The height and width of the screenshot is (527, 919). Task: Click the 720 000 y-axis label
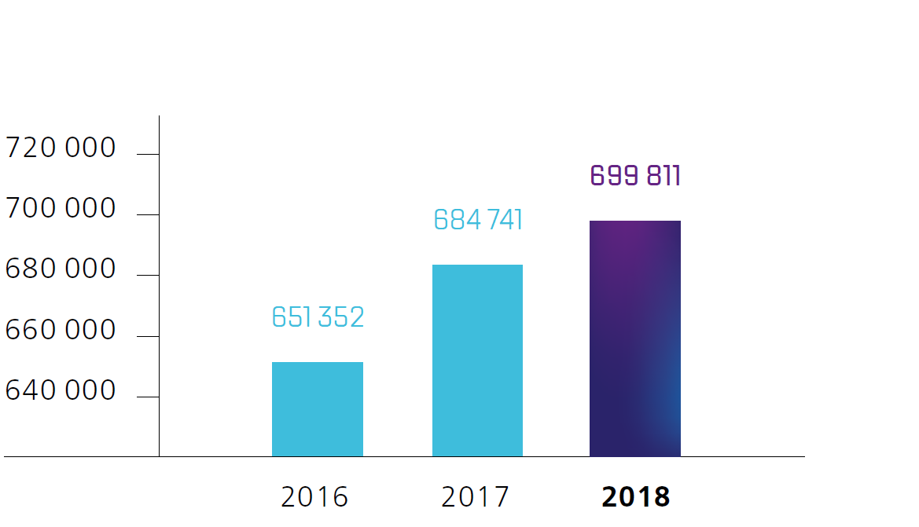(x=61, y=148)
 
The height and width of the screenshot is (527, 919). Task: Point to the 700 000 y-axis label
(x=61, y=209)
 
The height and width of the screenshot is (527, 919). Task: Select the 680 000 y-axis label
(x=61, y=269)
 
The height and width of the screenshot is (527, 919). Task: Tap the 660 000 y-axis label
(x=61, y=331)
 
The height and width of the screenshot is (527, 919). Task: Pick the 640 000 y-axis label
(x=61, y=391)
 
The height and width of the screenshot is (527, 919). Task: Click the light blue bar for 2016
(x=318, y=409)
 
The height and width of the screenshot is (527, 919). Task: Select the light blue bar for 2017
(x=477, y=360)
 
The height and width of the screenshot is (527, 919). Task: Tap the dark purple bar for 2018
(x=635, y=339)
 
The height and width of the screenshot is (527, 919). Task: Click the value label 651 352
(x=318, y=317)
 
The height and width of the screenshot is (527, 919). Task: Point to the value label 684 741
(x=478, y=220)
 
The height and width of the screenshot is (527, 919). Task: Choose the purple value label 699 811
(x=635, y=176)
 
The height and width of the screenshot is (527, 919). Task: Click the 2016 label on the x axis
(x=314, y=497)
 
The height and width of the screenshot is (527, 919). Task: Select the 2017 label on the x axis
(x=475, y=497)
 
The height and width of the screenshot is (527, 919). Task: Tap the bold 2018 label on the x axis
(x=635, y=497)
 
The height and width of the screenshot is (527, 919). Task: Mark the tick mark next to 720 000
(x=148, y=155)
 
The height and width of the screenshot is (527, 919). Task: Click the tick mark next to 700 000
(x=148, y=215)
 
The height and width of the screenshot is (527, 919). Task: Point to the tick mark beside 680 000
(x=148, y=276)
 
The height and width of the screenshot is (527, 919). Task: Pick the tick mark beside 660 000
(x=148, y=336)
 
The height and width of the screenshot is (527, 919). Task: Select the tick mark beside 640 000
(x=148, y=397)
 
